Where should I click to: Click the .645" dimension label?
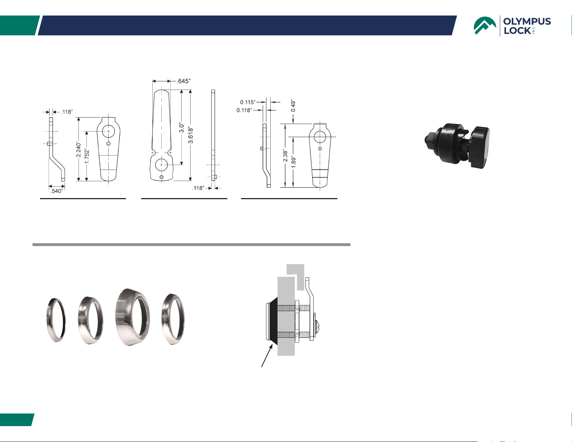[x=184, y=81]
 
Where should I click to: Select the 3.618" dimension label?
[x=191, y=136]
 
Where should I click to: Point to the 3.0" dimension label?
[x=182, y=128]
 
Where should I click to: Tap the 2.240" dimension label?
[x=78, y=149]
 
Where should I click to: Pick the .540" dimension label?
[x=57, y=191]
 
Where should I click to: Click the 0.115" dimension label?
[x=248, y=102]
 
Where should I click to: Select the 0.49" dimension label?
[x=293, y=105]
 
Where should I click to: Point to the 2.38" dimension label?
[x=285, y=156]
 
